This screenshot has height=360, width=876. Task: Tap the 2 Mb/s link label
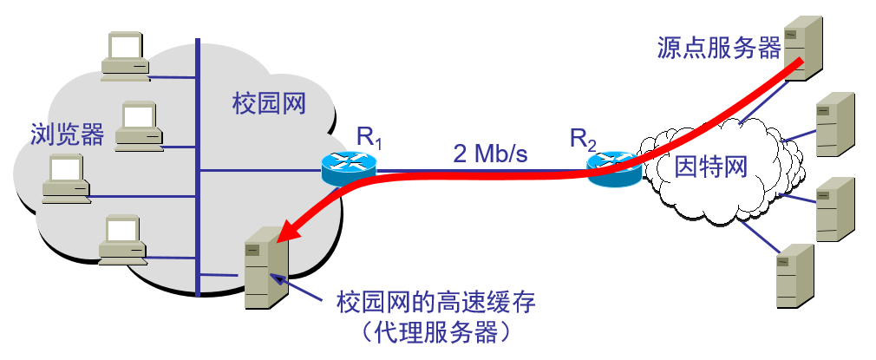pyautogui.click(x=490, y=154)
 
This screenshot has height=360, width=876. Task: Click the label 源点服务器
pyautogui.click(x=719, y=48)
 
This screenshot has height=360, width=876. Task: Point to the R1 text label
pyautogui.click(x=368, y=136)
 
